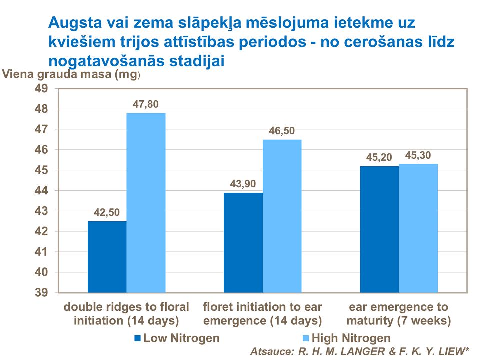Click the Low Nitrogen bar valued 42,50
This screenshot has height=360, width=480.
[107, 257]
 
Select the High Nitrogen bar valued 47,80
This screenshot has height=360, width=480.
[146, 202]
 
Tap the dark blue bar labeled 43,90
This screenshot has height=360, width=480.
[243, 242]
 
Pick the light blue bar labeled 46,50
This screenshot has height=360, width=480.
[282, 216]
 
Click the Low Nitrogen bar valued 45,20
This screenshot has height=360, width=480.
[379, 229]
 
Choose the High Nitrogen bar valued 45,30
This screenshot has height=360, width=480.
[418, 228]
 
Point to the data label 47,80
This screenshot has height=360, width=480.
[146, 104]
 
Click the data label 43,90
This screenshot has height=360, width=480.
[243, 184]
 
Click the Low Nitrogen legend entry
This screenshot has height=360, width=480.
[177, 338]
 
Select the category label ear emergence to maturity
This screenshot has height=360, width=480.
[398, 313]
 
